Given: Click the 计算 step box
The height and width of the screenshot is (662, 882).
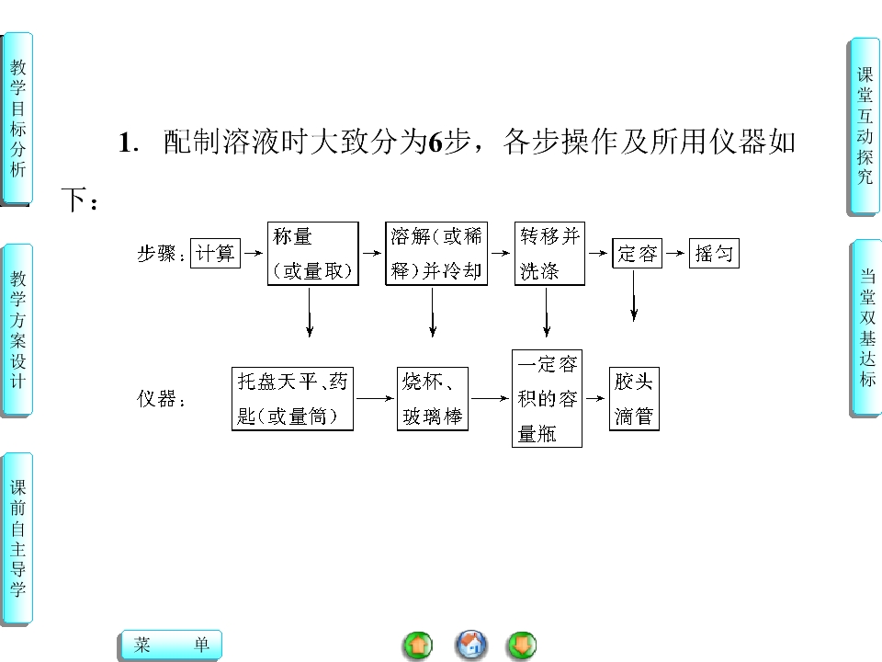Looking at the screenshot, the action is [215, 254].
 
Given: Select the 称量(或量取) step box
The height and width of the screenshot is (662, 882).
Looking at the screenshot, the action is [312, 254].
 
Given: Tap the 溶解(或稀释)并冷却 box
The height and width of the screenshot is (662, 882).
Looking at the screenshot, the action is [436, 254].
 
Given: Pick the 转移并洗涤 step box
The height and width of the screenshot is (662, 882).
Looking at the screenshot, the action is [549, 254].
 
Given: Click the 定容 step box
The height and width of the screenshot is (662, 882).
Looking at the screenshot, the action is [638, 254].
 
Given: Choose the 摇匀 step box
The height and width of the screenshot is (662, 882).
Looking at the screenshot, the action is [714, 254].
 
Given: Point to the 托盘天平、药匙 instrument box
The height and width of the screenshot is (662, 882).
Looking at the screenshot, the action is [292, 399].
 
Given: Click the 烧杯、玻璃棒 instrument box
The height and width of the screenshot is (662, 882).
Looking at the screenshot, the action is [433, 399].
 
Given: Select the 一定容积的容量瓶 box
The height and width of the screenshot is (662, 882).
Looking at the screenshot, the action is [547, 398].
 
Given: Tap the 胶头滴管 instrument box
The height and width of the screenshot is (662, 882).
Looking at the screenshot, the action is [634, 399].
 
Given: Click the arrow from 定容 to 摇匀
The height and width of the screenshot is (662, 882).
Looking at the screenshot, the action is [675, 254].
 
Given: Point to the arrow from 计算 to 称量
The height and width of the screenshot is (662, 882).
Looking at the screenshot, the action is [254, 254].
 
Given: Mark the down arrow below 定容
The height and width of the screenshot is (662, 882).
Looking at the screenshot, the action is [634, 296].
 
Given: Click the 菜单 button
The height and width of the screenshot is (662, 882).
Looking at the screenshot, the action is [172, 645].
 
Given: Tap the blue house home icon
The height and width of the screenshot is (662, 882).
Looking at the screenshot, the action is [471, 645].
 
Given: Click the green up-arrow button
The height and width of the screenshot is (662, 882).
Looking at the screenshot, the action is [418, 645].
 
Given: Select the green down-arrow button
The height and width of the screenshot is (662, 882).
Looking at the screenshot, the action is [522, 645].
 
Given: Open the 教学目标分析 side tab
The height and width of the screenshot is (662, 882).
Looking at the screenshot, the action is [18, 119].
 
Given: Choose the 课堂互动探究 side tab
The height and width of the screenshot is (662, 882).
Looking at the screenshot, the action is [865, 126].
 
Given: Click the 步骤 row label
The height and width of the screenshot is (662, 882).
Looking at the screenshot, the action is [161, 254].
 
